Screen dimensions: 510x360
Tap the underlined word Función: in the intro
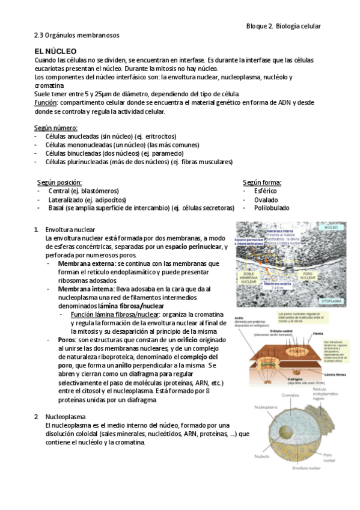click(47, 103)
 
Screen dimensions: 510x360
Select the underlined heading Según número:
click(55, 128)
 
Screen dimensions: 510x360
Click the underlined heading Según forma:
click(262, 182)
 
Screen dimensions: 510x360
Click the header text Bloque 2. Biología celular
click(284, 26)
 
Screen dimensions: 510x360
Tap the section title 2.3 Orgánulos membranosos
click(77, 35)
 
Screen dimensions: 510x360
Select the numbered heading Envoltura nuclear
click(70, 230)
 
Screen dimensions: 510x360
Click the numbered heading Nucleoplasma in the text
click(66, 416)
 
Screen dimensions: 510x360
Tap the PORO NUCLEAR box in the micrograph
click(307, 275)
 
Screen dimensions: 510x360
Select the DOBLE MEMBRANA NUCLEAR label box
click(248, 277)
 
